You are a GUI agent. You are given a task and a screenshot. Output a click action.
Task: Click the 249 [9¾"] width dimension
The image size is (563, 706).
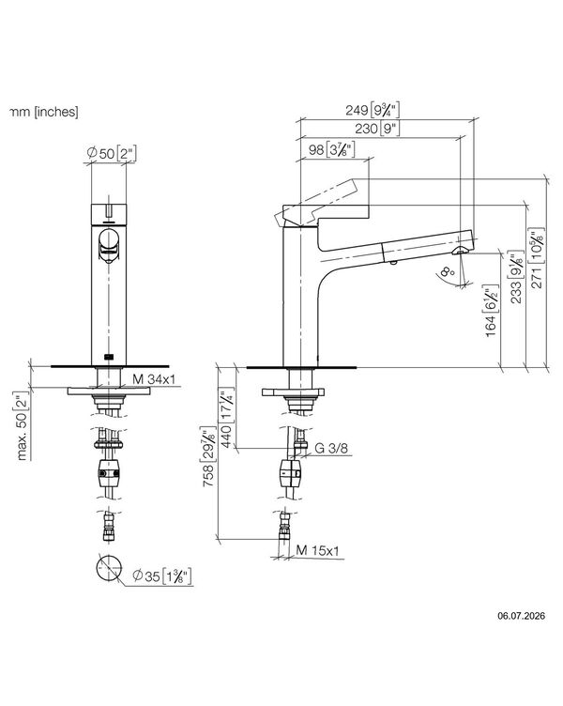[x=373, y=110]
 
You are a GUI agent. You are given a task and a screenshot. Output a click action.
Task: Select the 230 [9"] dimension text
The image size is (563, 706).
[x=377, y=129]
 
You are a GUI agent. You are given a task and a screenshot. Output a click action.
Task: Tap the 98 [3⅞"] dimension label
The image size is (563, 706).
[x=332, y=149]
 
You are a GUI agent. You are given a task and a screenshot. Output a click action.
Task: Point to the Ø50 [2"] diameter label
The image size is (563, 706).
[x=112, y=153]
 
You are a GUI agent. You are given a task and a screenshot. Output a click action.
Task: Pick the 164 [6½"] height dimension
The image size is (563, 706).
[x=492, y=311]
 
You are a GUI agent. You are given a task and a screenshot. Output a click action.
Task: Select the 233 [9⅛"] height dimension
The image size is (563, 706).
[x=517, y=277]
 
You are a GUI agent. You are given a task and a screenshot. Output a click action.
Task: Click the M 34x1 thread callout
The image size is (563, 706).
[x=154, y=379]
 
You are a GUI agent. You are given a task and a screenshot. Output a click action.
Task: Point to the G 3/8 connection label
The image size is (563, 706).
[x=331, y=449]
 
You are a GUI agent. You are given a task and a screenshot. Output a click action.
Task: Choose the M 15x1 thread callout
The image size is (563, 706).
[x=318, y=550]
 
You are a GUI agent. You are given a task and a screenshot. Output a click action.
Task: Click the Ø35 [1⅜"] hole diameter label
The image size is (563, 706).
[x=162, y=576]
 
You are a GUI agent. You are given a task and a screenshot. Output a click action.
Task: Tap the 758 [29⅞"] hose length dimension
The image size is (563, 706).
[x=209, y=456]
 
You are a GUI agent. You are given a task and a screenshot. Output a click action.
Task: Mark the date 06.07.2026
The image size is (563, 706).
[x=521, y=616]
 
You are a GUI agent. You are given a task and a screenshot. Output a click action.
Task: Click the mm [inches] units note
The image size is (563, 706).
[x=44, y=112]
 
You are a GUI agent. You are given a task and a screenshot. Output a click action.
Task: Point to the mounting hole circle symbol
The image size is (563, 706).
[x=109, y=568]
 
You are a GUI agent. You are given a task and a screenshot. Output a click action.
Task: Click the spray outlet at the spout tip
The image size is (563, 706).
[x=461, y=251]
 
